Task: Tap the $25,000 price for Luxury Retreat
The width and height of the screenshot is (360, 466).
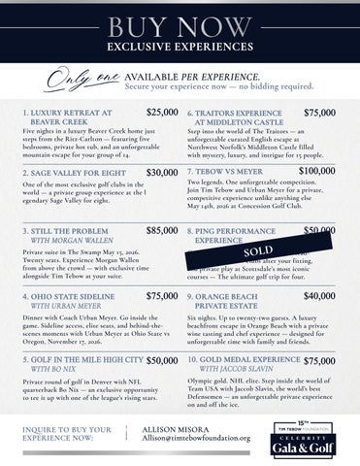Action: [x=161, y=114]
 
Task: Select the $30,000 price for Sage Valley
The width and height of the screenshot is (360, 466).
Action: [x=161, y=172]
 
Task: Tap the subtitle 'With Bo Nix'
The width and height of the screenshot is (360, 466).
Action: [x=54, y=370]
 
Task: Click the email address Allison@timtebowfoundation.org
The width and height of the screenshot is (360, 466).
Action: [x=196, y=438]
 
